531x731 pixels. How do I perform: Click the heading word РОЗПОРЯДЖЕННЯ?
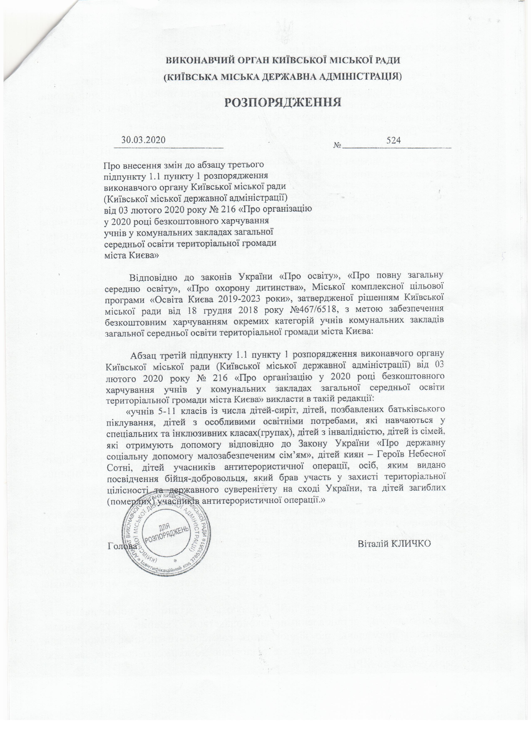click(x=282, y=102)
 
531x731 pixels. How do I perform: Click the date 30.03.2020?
click(x=143, y=140)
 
